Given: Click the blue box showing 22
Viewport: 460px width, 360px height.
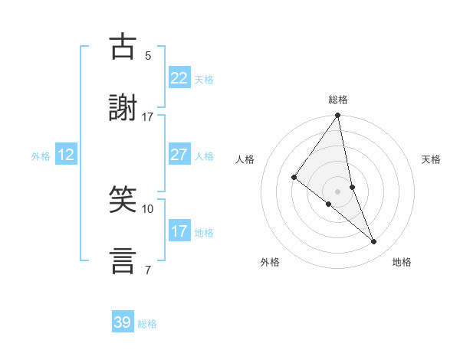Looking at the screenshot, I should [179, 79].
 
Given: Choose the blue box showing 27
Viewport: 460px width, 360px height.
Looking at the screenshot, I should [179, 155].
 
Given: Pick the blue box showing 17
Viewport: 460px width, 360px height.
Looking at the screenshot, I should [179, 231].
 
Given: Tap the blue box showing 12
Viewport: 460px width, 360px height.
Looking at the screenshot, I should [66, 155].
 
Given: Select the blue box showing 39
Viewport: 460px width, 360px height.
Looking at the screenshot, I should [123, 322].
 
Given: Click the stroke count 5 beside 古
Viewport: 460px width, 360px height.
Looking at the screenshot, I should [148, 56].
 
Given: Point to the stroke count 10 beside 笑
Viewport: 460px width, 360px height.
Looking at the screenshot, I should [148, 208].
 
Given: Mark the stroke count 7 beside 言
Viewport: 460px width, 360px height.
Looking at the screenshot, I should [148, 270].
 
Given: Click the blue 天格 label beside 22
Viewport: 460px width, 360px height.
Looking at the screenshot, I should [204, 80].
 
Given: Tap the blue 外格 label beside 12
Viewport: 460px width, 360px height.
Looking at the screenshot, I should [41, 155].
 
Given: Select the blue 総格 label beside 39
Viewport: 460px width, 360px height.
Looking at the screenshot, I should [147, 324].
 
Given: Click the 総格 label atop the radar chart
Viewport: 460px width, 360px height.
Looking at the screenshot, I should [338, 100].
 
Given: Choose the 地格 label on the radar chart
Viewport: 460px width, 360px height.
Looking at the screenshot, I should [402, 263].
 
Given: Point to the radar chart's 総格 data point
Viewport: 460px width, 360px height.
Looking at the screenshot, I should [338, 116].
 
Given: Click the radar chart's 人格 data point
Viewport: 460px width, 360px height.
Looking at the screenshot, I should [294, 178].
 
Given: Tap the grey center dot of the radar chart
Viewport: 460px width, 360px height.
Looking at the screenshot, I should [338, 191].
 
